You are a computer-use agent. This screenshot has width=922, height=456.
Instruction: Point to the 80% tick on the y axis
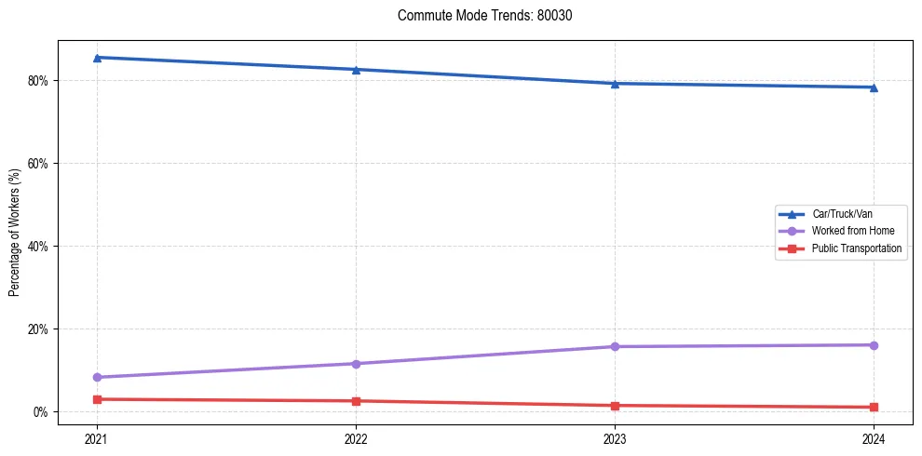point(40,81)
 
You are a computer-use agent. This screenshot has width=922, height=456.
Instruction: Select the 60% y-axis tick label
point(40,164)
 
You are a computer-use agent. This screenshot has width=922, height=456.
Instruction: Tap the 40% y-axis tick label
point(40,247)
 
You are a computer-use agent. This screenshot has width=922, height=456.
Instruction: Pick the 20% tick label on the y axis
point(40,329)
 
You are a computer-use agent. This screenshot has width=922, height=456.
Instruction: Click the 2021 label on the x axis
point(97,437)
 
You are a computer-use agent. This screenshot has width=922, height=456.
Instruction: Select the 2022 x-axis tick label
point(356,437)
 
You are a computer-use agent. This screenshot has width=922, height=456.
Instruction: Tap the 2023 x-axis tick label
point(615,437)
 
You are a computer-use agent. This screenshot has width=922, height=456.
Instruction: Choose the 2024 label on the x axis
point(874,437)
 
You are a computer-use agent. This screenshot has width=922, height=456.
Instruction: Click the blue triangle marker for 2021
point(97,58)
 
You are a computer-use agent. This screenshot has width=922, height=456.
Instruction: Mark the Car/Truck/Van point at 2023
point(615,84)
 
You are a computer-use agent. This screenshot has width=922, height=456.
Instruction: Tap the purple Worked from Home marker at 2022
point(356,364)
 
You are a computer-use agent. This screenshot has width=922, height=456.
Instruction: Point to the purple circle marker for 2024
point(874,345)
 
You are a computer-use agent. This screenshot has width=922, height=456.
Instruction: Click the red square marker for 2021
point(97,399)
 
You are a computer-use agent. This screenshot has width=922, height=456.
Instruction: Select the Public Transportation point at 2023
point(615,406)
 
